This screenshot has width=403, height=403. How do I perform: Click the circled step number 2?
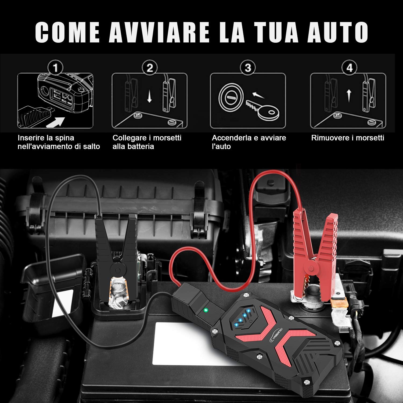150,68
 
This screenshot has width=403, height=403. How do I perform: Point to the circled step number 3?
248,68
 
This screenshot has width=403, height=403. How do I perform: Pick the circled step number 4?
349,68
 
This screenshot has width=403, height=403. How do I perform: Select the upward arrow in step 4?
349,95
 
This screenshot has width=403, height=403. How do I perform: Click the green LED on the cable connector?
206,310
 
